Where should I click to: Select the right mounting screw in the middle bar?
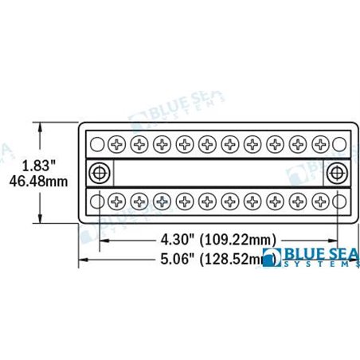pos(337,172)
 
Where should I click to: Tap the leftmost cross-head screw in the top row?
pos(117,144)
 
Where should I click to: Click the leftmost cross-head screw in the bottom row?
pos(117,201)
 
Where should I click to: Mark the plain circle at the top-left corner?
pos(96,144)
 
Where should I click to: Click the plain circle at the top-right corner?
pos(339,144)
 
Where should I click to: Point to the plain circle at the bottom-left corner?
pos(96,201)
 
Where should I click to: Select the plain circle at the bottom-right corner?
pos(339,201)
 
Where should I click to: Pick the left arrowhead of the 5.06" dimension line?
pos(80,258)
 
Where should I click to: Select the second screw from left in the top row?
pos(139,144)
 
